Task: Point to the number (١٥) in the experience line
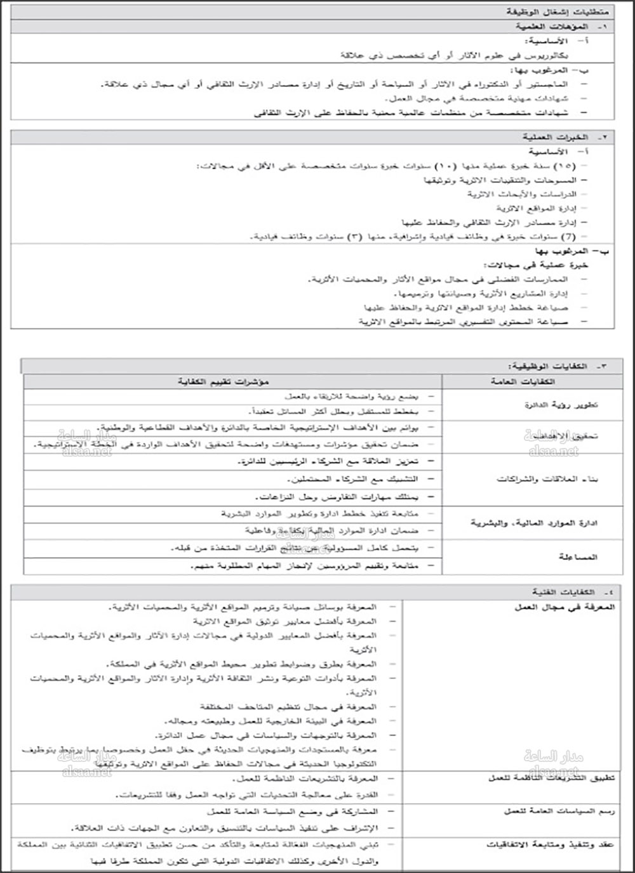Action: pyautogui.click(x=563, y=166)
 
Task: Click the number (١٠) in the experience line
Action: pyautogui.click(x=445, y=166)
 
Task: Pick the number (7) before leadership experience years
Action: pyautogui.click(x=568, y=237)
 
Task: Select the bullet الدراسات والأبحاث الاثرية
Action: pyautogui.click(x=522, y=194)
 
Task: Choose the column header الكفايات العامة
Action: pyautogui.click(x=523, y=381)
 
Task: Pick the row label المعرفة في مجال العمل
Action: pyautogui.click(x=565, y=607)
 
